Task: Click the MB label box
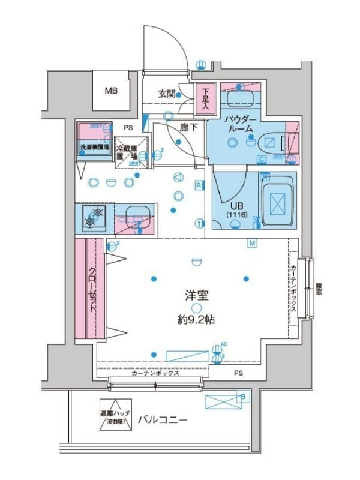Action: click(x=111, y=91)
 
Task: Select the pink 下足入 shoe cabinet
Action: click(x=205, y=98)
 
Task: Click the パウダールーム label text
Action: click(x=241, y=124)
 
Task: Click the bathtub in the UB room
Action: click(x=278, y=203)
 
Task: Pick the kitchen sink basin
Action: click(x=136, y=215)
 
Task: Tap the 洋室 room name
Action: click(x=197, y=295)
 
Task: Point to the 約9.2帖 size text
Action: click(x=197, y=320)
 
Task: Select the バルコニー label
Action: click(x=162, y=420)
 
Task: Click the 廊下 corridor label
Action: click(x=188, y=127)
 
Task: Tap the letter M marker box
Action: click(x=253, y=243)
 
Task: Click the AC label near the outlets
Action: click(x=224, y=344)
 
